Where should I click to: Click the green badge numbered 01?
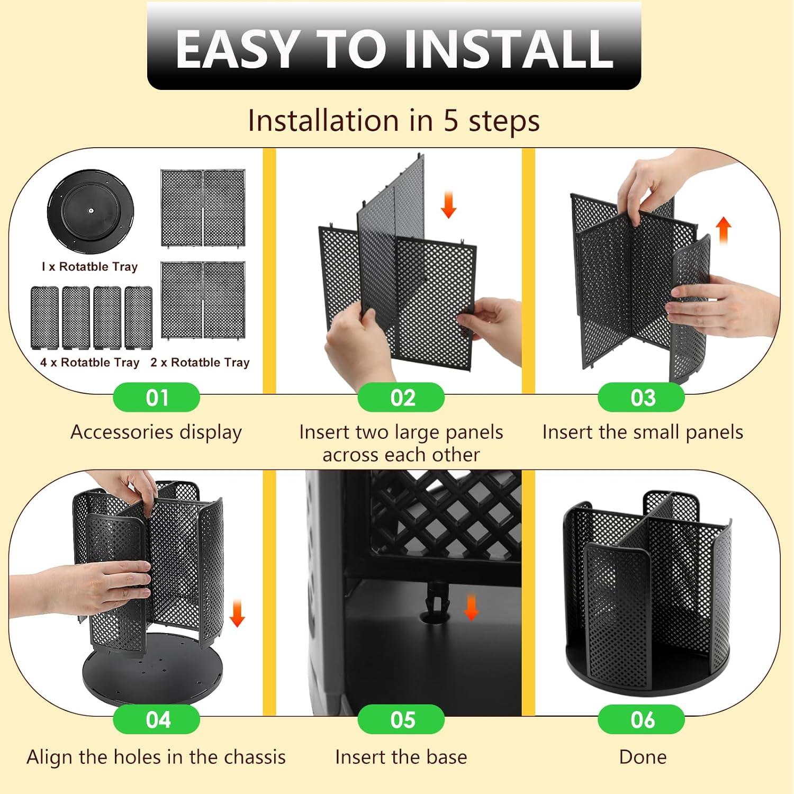click(x=157, y=397)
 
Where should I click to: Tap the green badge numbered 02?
click(x=401, y=397)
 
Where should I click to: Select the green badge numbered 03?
click(x=642, y=397)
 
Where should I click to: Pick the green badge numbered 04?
click(x=157, y=719)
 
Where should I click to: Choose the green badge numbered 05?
click(x=401, y=719)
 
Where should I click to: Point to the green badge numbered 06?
click(x=642, y=719)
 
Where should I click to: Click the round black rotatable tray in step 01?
click(x=91, y=211)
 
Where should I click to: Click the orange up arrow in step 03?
click(x=724, y=231)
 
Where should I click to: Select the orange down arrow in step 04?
click(x=237, y=613)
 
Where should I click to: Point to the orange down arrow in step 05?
click(x=471, y=607)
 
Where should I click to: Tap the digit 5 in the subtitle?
click(x=450, y=121)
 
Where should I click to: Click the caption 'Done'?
click(x=643, y=757)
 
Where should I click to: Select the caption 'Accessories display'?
click(x=156, y=433)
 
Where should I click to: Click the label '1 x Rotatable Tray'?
click(x=89, y=267)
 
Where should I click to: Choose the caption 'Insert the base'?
click(x=401, y=757)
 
